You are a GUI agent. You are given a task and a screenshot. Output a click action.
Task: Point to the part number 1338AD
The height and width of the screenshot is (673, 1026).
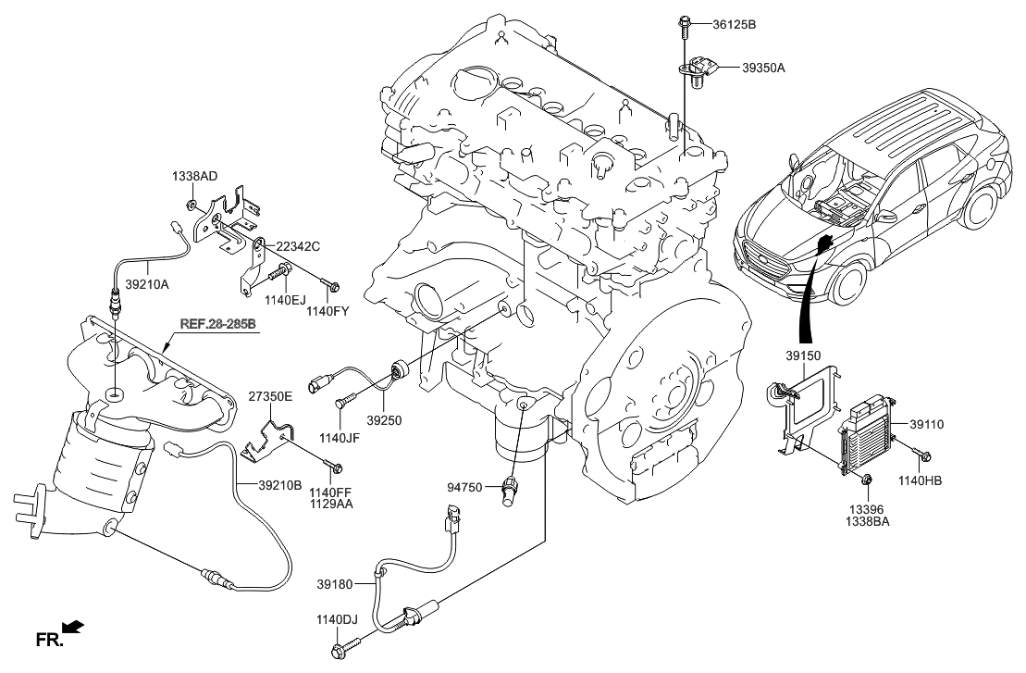(194, 176)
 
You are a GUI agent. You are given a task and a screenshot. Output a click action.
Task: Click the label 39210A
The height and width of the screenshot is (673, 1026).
(147, 285)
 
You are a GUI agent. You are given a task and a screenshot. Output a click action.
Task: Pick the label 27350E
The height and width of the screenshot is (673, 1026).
(269, 396)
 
